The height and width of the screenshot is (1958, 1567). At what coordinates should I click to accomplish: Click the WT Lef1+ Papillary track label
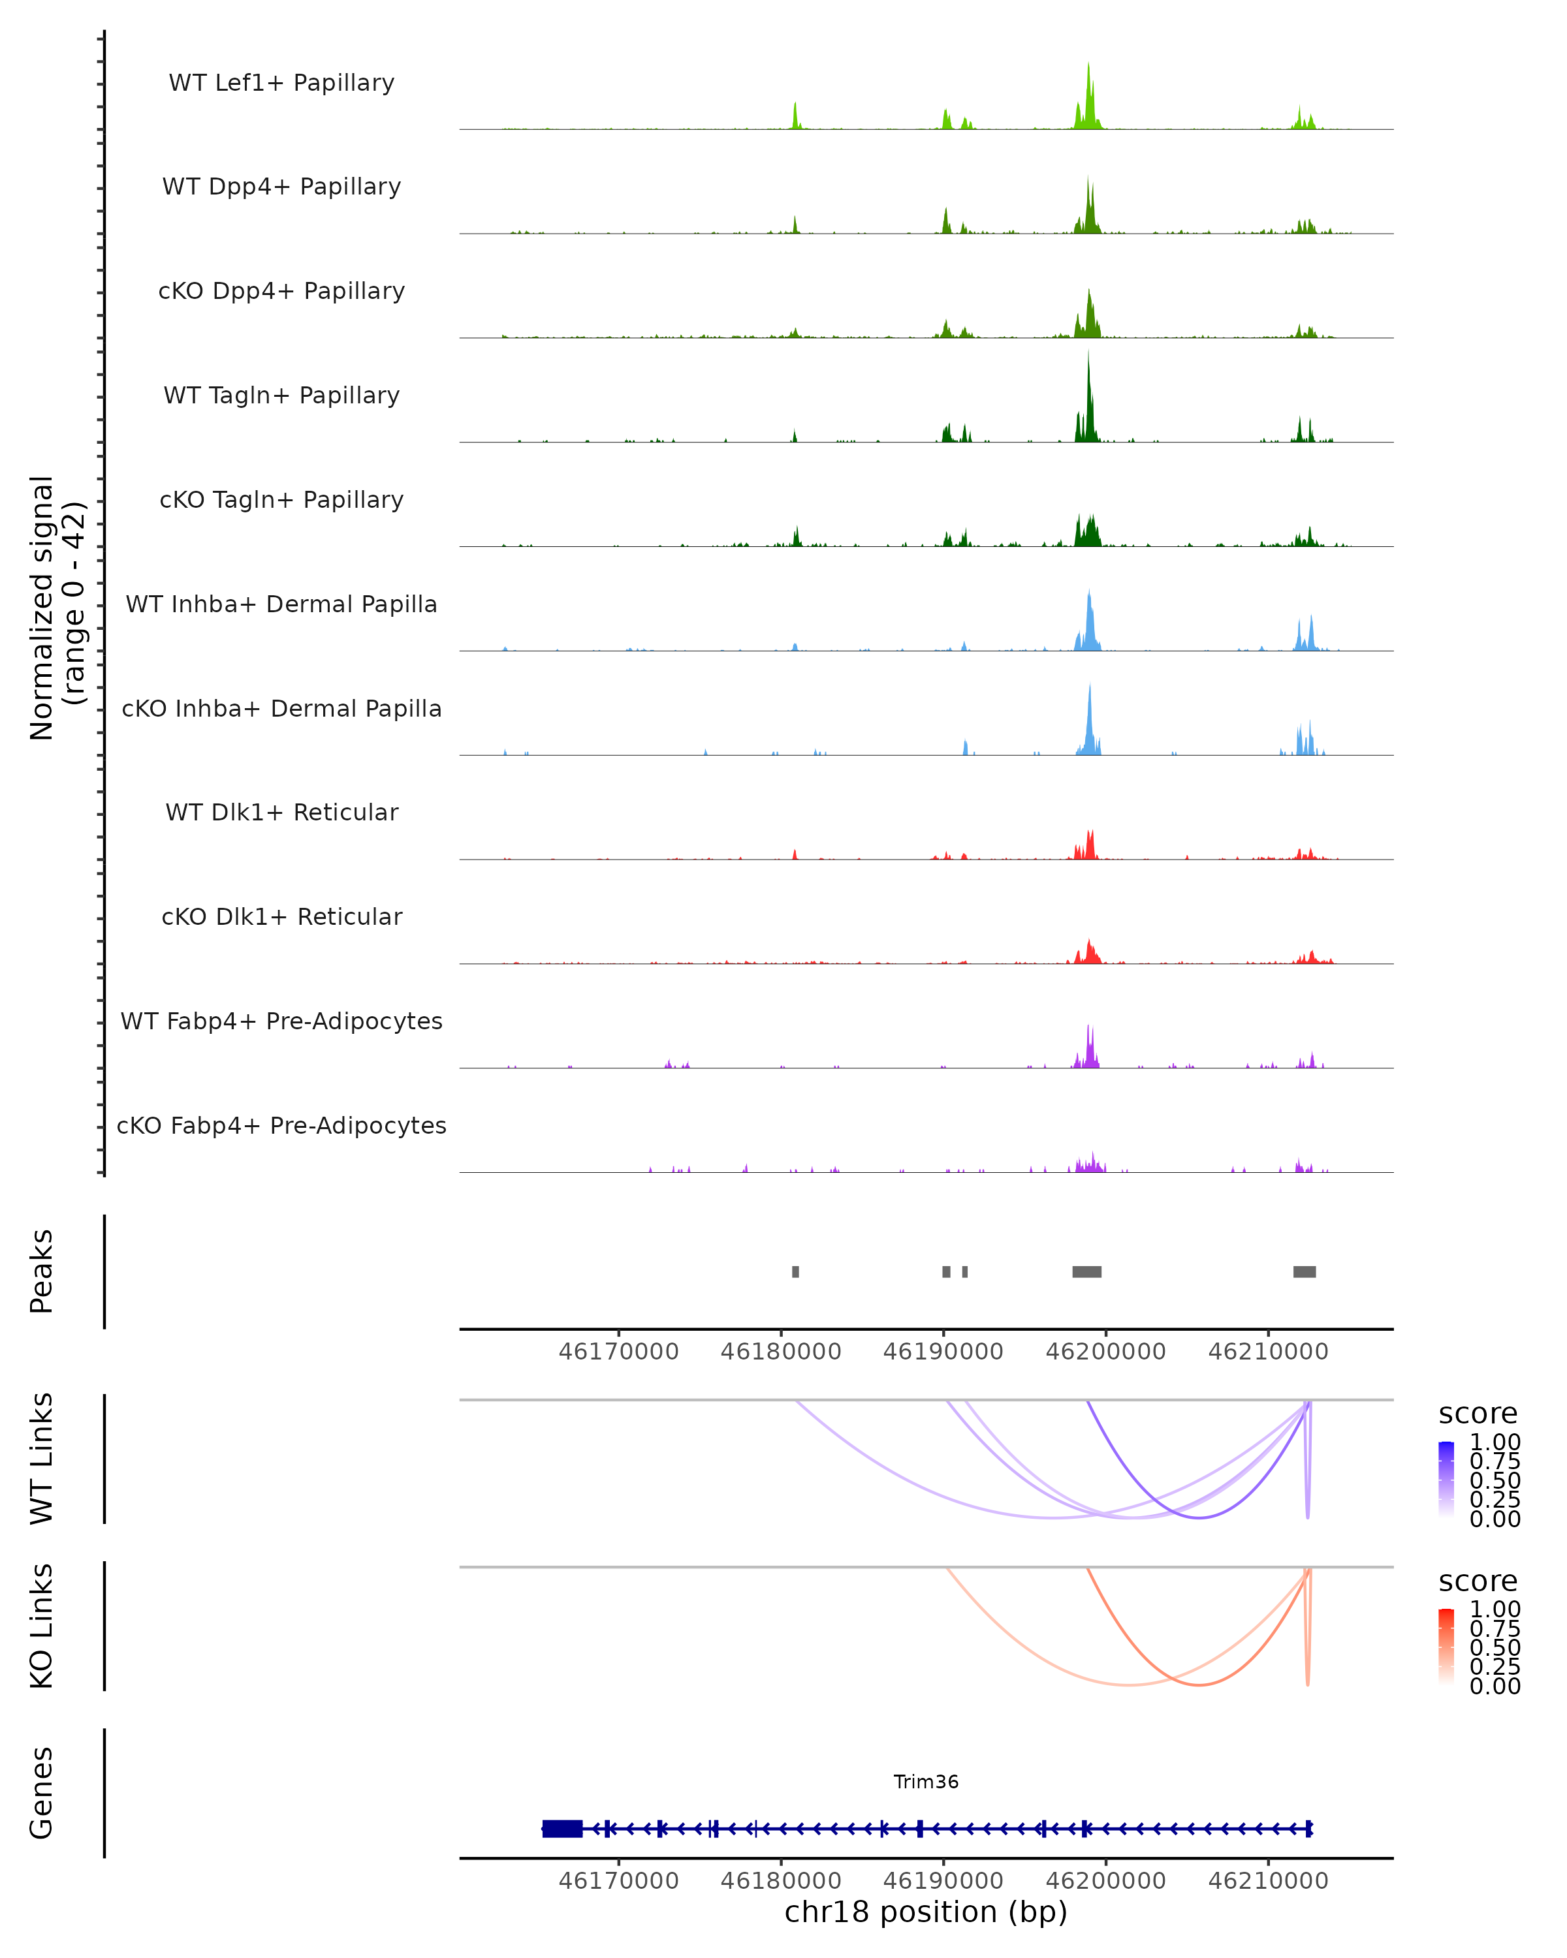point(281,83)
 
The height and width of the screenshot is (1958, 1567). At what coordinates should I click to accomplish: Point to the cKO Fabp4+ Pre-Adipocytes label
point(281,1125)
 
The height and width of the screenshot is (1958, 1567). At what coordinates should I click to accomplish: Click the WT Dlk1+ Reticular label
point(281,812)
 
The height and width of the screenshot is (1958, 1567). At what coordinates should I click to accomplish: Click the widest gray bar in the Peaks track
point(1086,1271)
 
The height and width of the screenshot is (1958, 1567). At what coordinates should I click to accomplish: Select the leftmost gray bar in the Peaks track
point(796,1271)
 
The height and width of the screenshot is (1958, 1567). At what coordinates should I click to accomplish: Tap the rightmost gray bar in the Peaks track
point(1305,1271)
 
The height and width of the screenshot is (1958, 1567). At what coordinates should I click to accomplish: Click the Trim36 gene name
point(926,1782)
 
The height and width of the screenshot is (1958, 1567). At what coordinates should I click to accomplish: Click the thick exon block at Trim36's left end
point(562,1829)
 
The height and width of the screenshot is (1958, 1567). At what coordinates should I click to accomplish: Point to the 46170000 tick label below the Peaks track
point(618,1352)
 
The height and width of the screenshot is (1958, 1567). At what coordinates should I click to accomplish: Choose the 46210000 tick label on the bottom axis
point(1268,1881)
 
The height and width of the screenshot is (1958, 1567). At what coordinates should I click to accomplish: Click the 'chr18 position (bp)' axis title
point(926,1912)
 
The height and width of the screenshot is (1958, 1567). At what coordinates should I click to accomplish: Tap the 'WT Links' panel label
point(42,1459)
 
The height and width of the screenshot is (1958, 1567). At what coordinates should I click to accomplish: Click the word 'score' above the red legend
point(1478,1581)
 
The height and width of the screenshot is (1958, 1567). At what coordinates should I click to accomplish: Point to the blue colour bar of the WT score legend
point(1446,1478)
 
